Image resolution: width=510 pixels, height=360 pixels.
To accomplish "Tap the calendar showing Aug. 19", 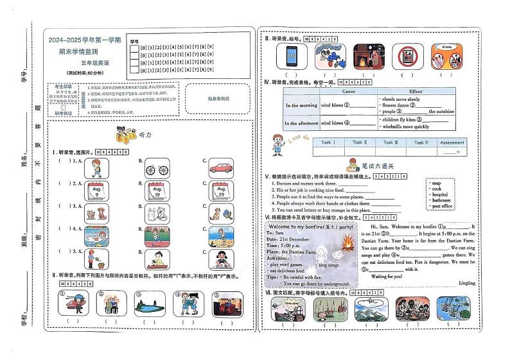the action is pyautogui.click(x=157, y=191).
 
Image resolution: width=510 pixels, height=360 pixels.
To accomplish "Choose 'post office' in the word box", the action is pyautogui.click(x=443, y=206).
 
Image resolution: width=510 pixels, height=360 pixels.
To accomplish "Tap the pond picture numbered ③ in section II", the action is pyautogui.click(x=147, y=302).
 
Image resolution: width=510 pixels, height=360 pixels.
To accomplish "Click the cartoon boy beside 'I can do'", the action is pyautogui.click(x=277, y=144).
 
